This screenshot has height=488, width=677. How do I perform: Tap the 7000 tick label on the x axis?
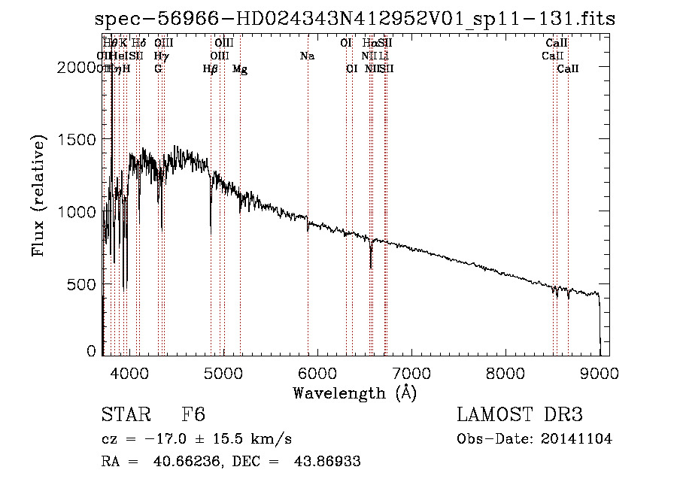(411, 372)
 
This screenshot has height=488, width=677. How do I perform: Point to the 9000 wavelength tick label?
(600, 372)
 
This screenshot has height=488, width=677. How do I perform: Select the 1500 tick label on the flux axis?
(79, 140)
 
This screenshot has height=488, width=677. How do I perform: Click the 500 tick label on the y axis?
(83, 285)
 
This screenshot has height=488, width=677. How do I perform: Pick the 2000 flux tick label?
(79, 68)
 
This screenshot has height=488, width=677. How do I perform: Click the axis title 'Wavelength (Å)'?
(354, 393)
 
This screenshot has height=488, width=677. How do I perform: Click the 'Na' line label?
(307, 56)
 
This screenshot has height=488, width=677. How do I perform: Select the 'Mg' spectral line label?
(240, 69)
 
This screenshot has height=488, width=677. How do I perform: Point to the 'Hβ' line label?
(211, 69)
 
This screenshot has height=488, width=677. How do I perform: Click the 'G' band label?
(158, 69)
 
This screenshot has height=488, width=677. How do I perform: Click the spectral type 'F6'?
(193, 416)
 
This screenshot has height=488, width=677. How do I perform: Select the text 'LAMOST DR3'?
(520, 416)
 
